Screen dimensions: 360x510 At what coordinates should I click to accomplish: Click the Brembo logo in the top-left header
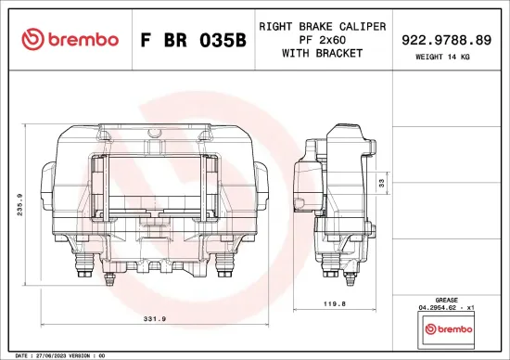70,39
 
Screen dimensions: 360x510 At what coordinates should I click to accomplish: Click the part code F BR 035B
192,40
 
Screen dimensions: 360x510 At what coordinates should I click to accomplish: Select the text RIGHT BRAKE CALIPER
322,27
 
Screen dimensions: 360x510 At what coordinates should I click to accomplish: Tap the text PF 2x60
322,40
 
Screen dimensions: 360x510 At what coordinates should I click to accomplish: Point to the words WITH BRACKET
322,53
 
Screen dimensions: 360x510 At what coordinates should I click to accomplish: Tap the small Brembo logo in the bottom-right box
448,328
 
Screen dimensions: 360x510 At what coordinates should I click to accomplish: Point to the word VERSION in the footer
80,354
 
